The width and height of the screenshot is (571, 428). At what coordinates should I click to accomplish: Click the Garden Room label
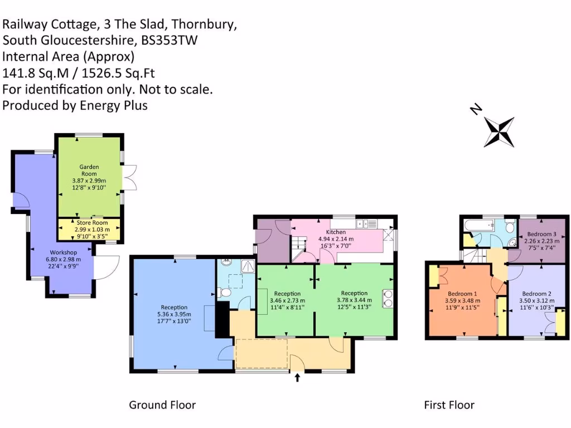[89, 170]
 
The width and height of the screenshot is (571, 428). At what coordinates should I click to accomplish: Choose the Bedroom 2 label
[537, 294]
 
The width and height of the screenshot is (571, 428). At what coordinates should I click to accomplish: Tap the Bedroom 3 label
[541, 234]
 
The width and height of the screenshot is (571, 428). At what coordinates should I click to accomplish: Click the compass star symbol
[499, 132]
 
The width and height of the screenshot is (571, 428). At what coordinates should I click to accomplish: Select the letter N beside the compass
[476, 109]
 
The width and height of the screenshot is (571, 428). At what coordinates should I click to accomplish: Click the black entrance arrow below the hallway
[297, 378]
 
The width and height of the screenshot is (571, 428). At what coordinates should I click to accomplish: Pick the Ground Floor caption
[162, 405]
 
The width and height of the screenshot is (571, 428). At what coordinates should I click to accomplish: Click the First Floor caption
[449, 405]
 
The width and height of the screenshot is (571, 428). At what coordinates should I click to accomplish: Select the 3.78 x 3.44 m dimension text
[354, 301]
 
